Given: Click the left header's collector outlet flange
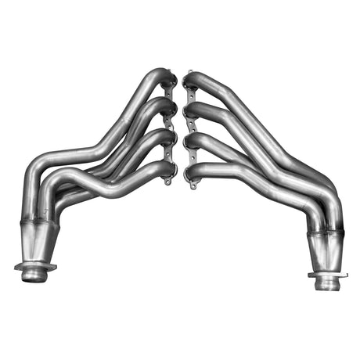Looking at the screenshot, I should [35, 268].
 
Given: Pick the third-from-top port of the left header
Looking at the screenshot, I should [167, 139].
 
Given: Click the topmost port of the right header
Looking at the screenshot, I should [190, 80].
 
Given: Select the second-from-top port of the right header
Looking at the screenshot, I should [191, 110].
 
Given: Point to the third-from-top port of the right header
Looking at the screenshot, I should [191, 142].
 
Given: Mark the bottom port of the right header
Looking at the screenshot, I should [191, 171].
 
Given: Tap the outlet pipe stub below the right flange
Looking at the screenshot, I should [328, 283].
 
